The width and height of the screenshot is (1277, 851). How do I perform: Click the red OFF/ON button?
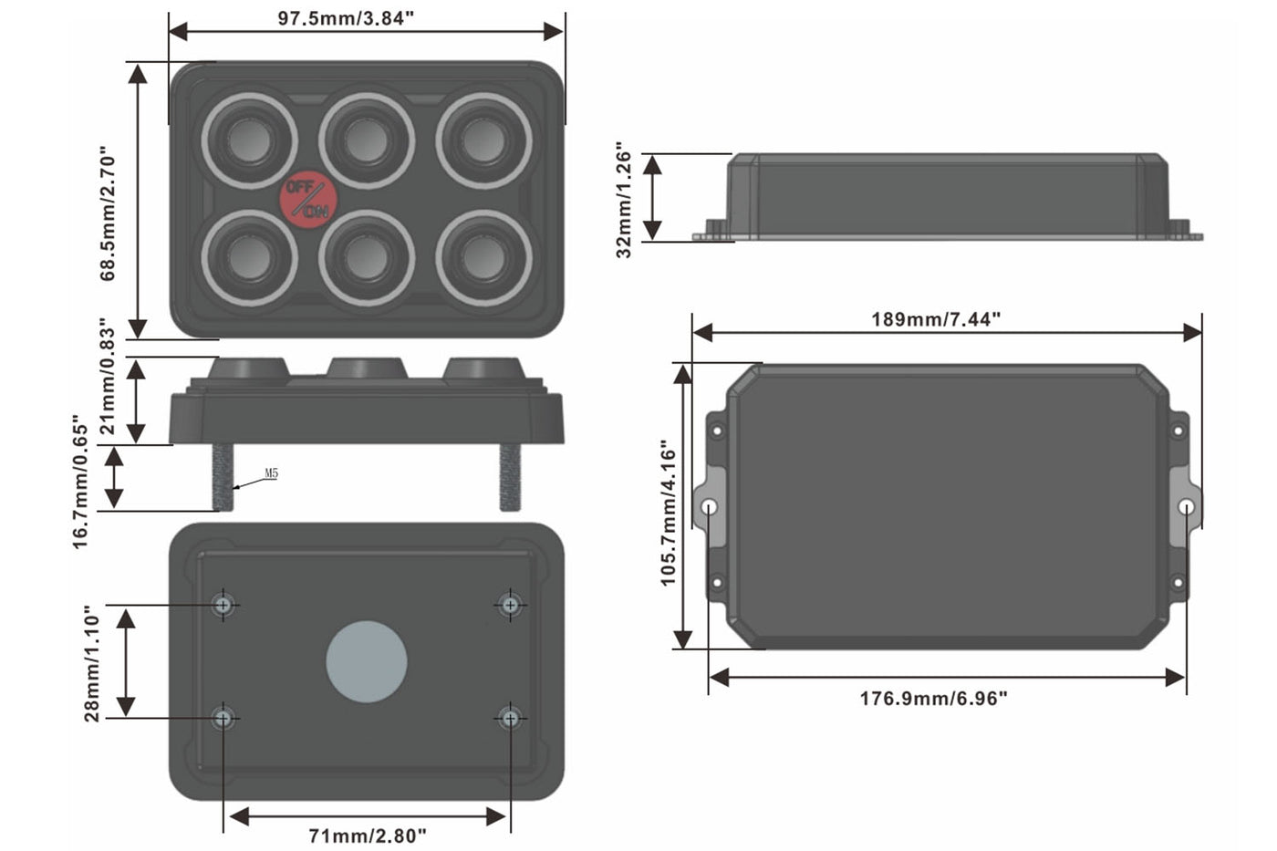pos(308,200)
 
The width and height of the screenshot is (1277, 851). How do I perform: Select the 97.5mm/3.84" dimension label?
pos(346,18)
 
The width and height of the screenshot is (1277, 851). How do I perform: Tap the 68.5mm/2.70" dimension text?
pos(109,213)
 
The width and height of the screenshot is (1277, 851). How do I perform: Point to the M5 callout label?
pos(271,473)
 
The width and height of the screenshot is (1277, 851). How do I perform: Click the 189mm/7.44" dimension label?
pos(936,319)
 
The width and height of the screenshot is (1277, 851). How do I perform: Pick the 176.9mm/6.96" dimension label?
pos(933,699)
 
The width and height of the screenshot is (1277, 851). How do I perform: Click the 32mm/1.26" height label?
pos(624,200)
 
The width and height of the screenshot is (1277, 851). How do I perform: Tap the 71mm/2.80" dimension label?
pos(368,835)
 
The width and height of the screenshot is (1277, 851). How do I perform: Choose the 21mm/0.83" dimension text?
pos(109,377)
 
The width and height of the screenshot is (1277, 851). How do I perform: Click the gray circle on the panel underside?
pos(367,662)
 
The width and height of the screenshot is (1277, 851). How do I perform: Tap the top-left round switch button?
pos(249,140)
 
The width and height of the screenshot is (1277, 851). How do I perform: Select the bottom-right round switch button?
pos(484,258)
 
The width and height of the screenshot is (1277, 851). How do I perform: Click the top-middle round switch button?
pos(367,140)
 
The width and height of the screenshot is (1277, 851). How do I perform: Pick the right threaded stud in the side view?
pos(510,477)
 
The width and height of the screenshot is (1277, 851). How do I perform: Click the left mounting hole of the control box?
pos(710,507)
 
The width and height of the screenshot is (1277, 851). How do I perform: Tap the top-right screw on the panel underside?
pos(510,605)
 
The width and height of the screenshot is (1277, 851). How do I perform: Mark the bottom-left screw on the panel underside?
pos(223,719)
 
